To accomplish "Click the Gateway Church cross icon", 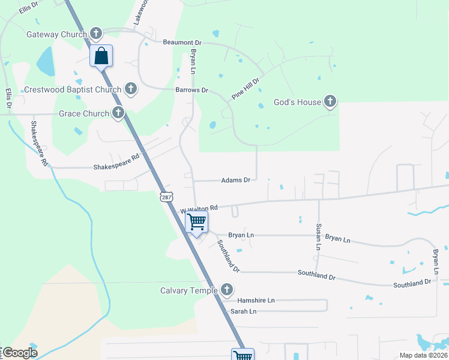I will coord(96,34).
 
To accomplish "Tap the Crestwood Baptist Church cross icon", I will coord(130,90).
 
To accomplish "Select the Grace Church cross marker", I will coord(118,113).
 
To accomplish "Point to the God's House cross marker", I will coord(330,102).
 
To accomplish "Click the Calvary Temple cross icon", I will coord(226,290).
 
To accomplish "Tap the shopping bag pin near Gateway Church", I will coord(101,56).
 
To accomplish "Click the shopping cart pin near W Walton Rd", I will coord(197,222).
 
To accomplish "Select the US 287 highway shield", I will coord(166,196).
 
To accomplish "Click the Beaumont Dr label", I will coord(182,43).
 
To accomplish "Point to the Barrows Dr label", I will coord(191,90).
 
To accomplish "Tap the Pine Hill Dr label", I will coord(246,89).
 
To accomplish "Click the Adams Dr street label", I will coord(235,179).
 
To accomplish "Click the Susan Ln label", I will coord(318,236).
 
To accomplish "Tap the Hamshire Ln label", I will coord(255,300).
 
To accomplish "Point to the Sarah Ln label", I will coord(243,311).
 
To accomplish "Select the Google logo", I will coord(20,353).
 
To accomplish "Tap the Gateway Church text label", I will coord(57,34).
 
